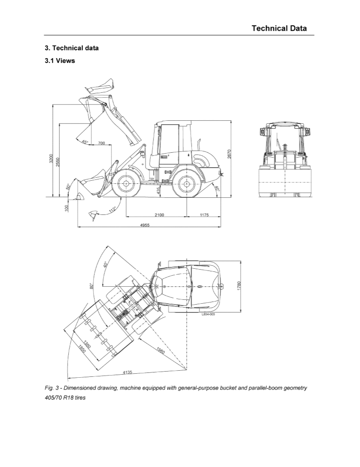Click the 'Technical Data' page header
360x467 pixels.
(x=279, y=28)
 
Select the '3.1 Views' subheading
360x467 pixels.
(x=60, y=61)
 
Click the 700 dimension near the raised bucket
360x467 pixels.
(x=101, y=143)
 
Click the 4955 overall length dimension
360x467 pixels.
(x=145, y=225)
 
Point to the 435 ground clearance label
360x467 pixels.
(x=158, y=190)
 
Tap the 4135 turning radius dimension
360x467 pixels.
(x=127, y=372)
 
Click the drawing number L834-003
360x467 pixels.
(x=208, y=314)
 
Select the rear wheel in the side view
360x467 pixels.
(x=186, y=184)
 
